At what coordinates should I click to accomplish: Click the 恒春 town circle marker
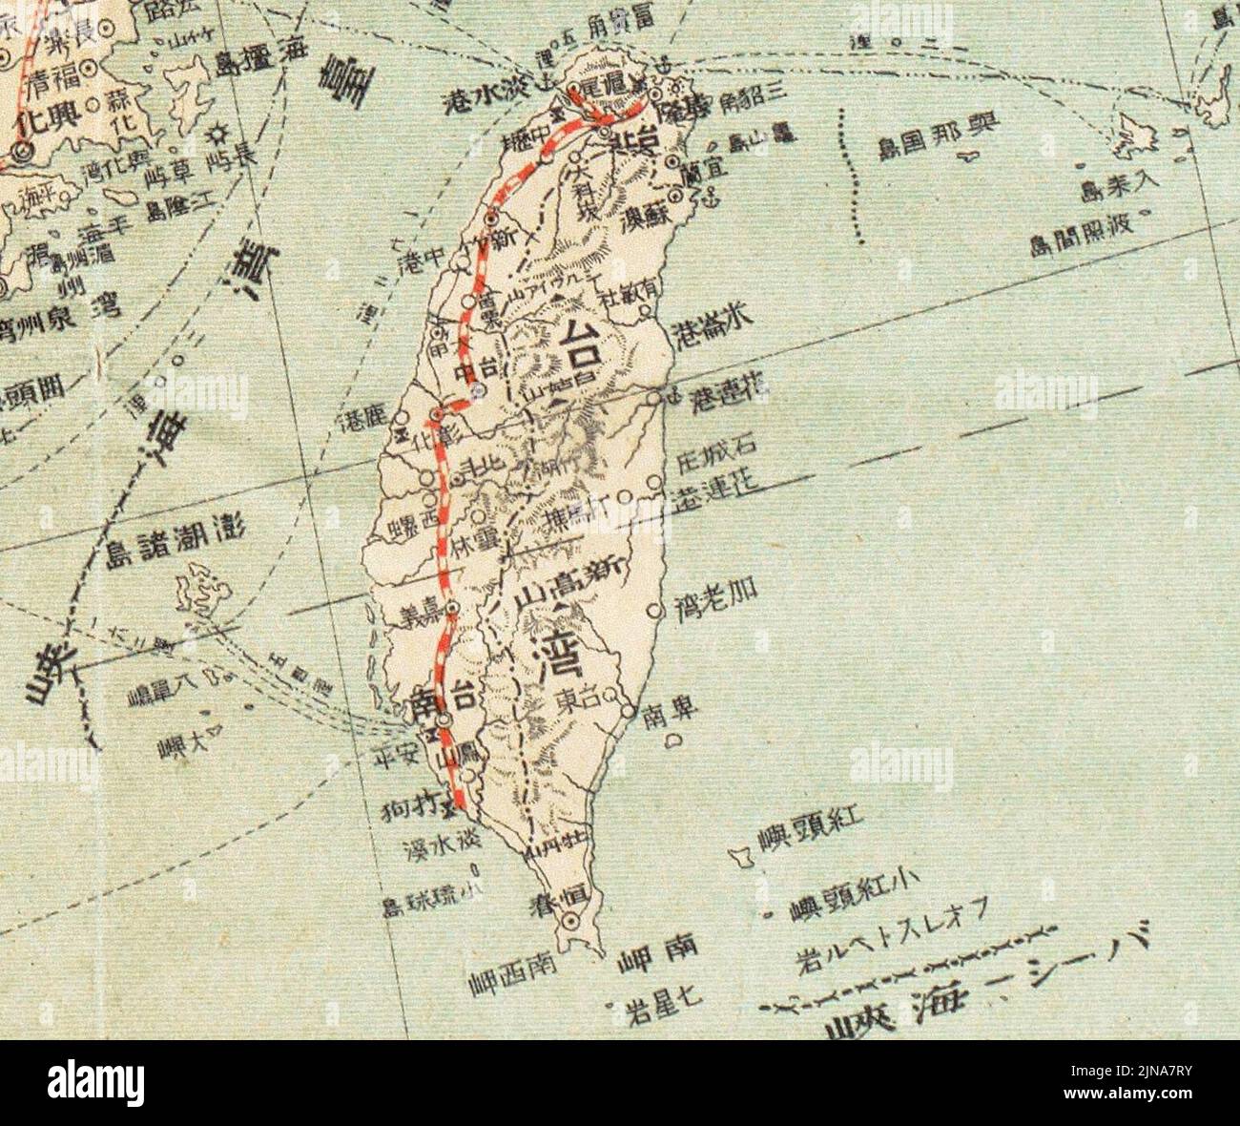coord(570,922)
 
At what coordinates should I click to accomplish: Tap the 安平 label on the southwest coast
coord(398,757)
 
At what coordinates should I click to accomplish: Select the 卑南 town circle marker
coord(628,711)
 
